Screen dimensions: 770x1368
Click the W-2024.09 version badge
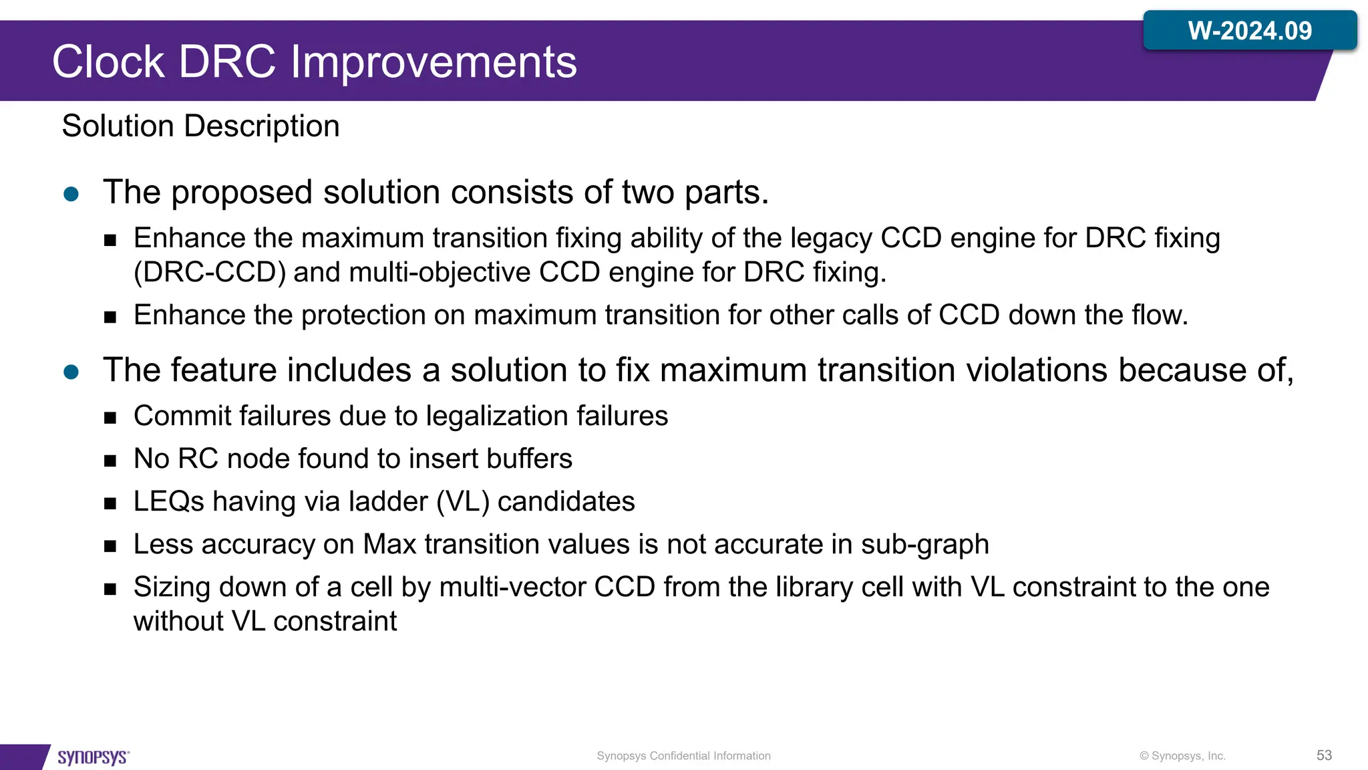1249,31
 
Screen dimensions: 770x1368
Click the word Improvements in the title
434,62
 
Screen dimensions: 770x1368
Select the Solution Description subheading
200,126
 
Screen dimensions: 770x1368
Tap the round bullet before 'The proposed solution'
71,195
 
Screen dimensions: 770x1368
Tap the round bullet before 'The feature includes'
71,372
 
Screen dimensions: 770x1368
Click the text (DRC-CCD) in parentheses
210,273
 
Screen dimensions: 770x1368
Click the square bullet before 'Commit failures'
110,418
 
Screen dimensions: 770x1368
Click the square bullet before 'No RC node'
110,461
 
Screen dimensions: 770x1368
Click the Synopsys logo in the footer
93,757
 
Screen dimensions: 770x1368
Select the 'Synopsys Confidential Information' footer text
683,756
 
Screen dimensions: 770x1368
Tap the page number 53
1324,755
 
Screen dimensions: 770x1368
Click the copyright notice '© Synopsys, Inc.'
1182,756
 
